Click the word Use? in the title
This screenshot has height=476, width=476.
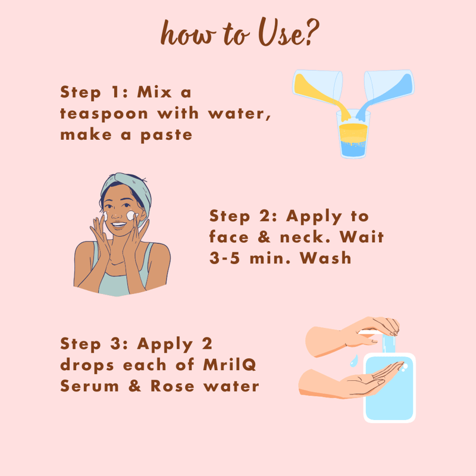coord(289,32)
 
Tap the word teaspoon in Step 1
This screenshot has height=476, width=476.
coord(104,114)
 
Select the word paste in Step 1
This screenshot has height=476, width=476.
coord(167,135)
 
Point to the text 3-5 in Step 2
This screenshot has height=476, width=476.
coord(225,258)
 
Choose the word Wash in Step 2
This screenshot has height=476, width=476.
coord(325,258)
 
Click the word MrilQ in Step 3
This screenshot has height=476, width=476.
coord(230,365)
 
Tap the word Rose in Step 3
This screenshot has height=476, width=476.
coord(173,386)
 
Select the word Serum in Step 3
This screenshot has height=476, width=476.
coord(90,386)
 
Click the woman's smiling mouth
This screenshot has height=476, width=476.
coord(118,225)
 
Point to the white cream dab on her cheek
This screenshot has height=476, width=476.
coord(131,215)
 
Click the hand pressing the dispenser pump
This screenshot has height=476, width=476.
coord(352,336)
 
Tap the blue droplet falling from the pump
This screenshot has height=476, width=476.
coord(353,361)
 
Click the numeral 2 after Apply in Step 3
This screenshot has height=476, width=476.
coord(206,343)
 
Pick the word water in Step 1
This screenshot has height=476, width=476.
coord(239,114)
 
